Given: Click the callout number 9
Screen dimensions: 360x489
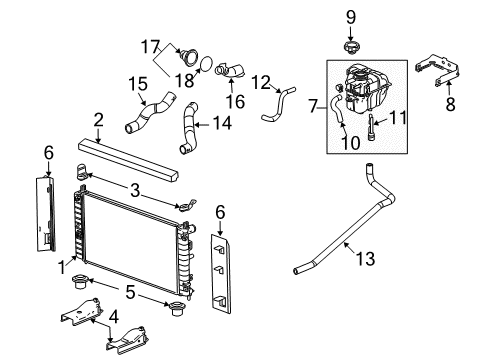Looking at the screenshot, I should (x=350, y=17).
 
